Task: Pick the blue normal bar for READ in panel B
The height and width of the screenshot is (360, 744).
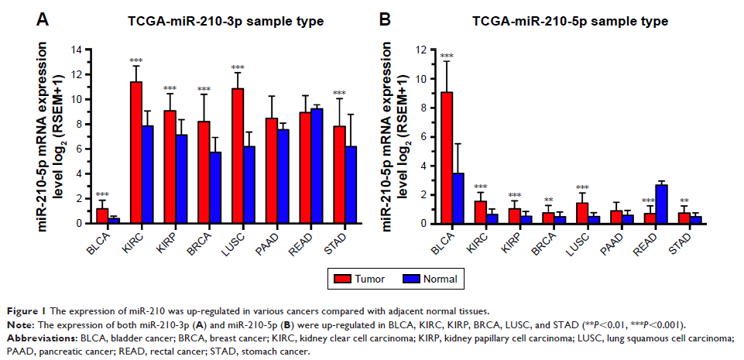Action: [x=661, y=204]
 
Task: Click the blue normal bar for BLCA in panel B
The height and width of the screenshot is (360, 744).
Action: [x=459, y=198]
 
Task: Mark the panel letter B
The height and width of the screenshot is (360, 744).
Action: [x=385, y=20]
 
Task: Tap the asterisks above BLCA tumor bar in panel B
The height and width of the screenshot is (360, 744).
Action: [x=447, y=56]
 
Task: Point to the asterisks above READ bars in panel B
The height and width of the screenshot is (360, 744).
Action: [x=649, y=201]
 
